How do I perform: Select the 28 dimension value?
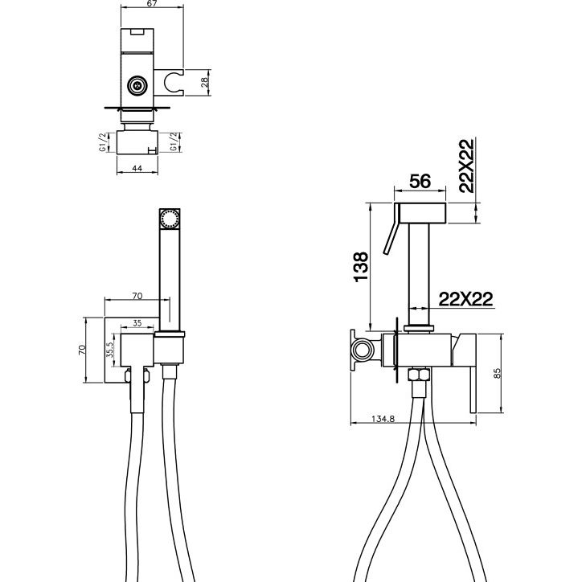[205, 83]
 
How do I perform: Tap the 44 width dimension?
[137, 168]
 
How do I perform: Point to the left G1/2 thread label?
[103, 142]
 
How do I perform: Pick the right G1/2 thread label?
[174, 141]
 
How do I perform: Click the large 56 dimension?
[420, 182]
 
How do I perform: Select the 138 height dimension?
[361, 267]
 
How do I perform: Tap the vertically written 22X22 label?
[466, 166]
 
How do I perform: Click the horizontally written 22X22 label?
[465, 299]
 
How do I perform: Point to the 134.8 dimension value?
[383, 419]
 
